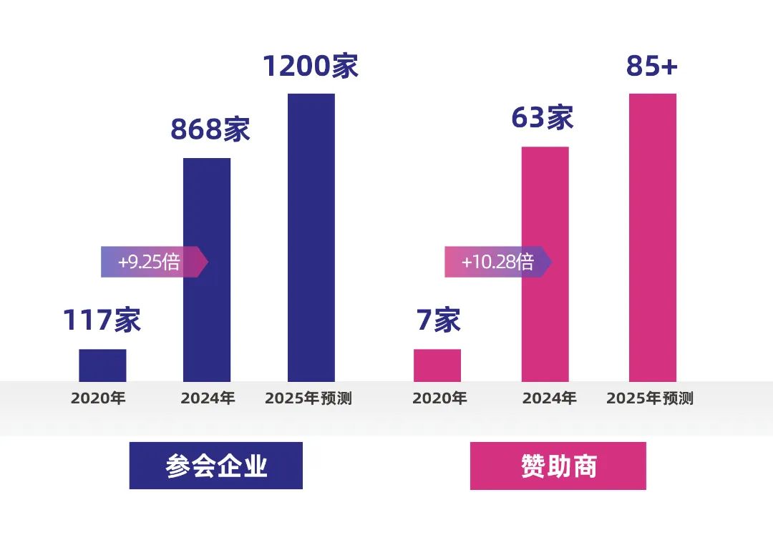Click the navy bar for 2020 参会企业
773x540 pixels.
coord(102,365)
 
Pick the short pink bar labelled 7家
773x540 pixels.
coord(437,365)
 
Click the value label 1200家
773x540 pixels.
coord(311,66)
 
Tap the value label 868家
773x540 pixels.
coord(210,130)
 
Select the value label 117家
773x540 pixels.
coord(102,320)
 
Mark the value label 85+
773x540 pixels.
coord(651,66)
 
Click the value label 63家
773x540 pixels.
coord(543,118)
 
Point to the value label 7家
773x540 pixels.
coord(438,320)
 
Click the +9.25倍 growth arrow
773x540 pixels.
coord(153,262)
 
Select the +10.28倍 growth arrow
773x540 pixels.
coord(497,262)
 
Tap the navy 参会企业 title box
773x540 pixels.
coord(216,466)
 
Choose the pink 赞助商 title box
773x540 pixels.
coord(558,466)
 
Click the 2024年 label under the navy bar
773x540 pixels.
coord(208,398)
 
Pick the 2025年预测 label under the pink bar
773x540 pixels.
coord(650,398)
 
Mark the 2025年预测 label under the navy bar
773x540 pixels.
coord(308,398)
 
